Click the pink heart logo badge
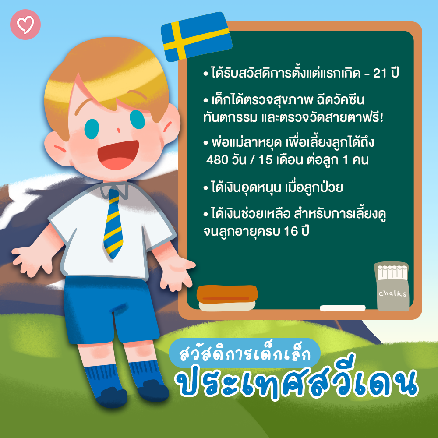(x=25, y=25)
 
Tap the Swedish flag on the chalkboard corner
(x=196, y=37)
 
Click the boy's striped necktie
(x=113, y=223)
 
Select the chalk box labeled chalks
(x=392, y=286)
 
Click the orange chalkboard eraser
(x=227, y=298)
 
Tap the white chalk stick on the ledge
(x=343, y=308)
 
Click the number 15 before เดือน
(x=265, y=160)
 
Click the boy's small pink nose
(x=118, y=130)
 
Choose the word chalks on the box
(x=392, y=293)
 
